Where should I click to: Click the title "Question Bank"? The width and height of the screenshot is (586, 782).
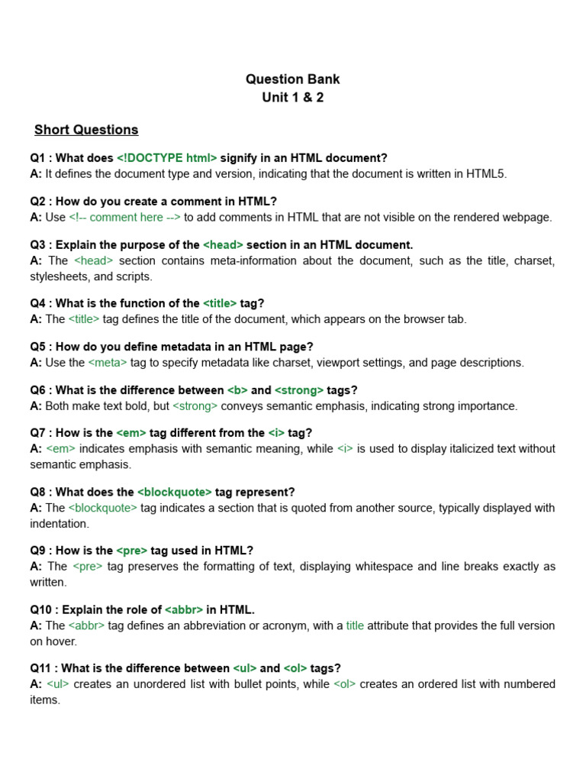click(x=292, y=79)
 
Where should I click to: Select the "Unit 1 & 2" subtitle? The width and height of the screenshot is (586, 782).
click(x=292, y=98)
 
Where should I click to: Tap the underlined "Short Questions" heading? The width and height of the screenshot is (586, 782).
click(x=86, y=130)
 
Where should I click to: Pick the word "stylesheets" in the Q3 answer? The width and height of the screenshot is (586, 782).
click(x=60, y=276)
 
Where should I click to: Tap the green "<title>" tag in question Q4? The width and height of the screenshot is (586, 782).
click(x=220, y=303)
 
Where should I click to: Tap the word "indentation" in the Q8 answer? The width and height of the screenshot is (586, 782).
click(x=60, y=524)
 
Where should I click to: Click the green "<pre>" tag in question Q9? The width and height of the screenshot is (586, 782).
click(x=131, y=551)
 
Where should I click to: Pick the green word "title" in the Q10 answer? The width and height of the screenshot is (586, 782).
click(x=355, y=625)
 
